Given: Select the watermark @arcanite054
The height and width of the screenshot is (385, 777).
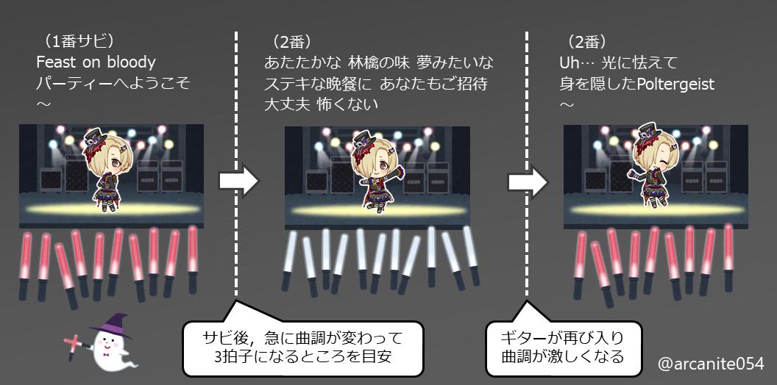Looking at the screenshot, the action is click(711, 363).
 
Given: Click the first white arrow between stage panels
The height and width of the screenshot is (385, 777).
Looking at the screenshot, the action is click(240, 181).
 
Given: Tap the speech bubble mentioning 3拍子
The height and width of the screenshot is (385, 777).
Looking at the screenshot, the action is click(303, 348).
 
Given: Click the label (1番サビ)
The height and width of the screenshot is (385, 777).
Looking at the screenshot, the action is click(79, 40).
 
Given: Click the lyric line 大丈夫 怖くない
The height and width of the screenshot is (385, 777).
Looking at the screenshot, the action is click(322, 104).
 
